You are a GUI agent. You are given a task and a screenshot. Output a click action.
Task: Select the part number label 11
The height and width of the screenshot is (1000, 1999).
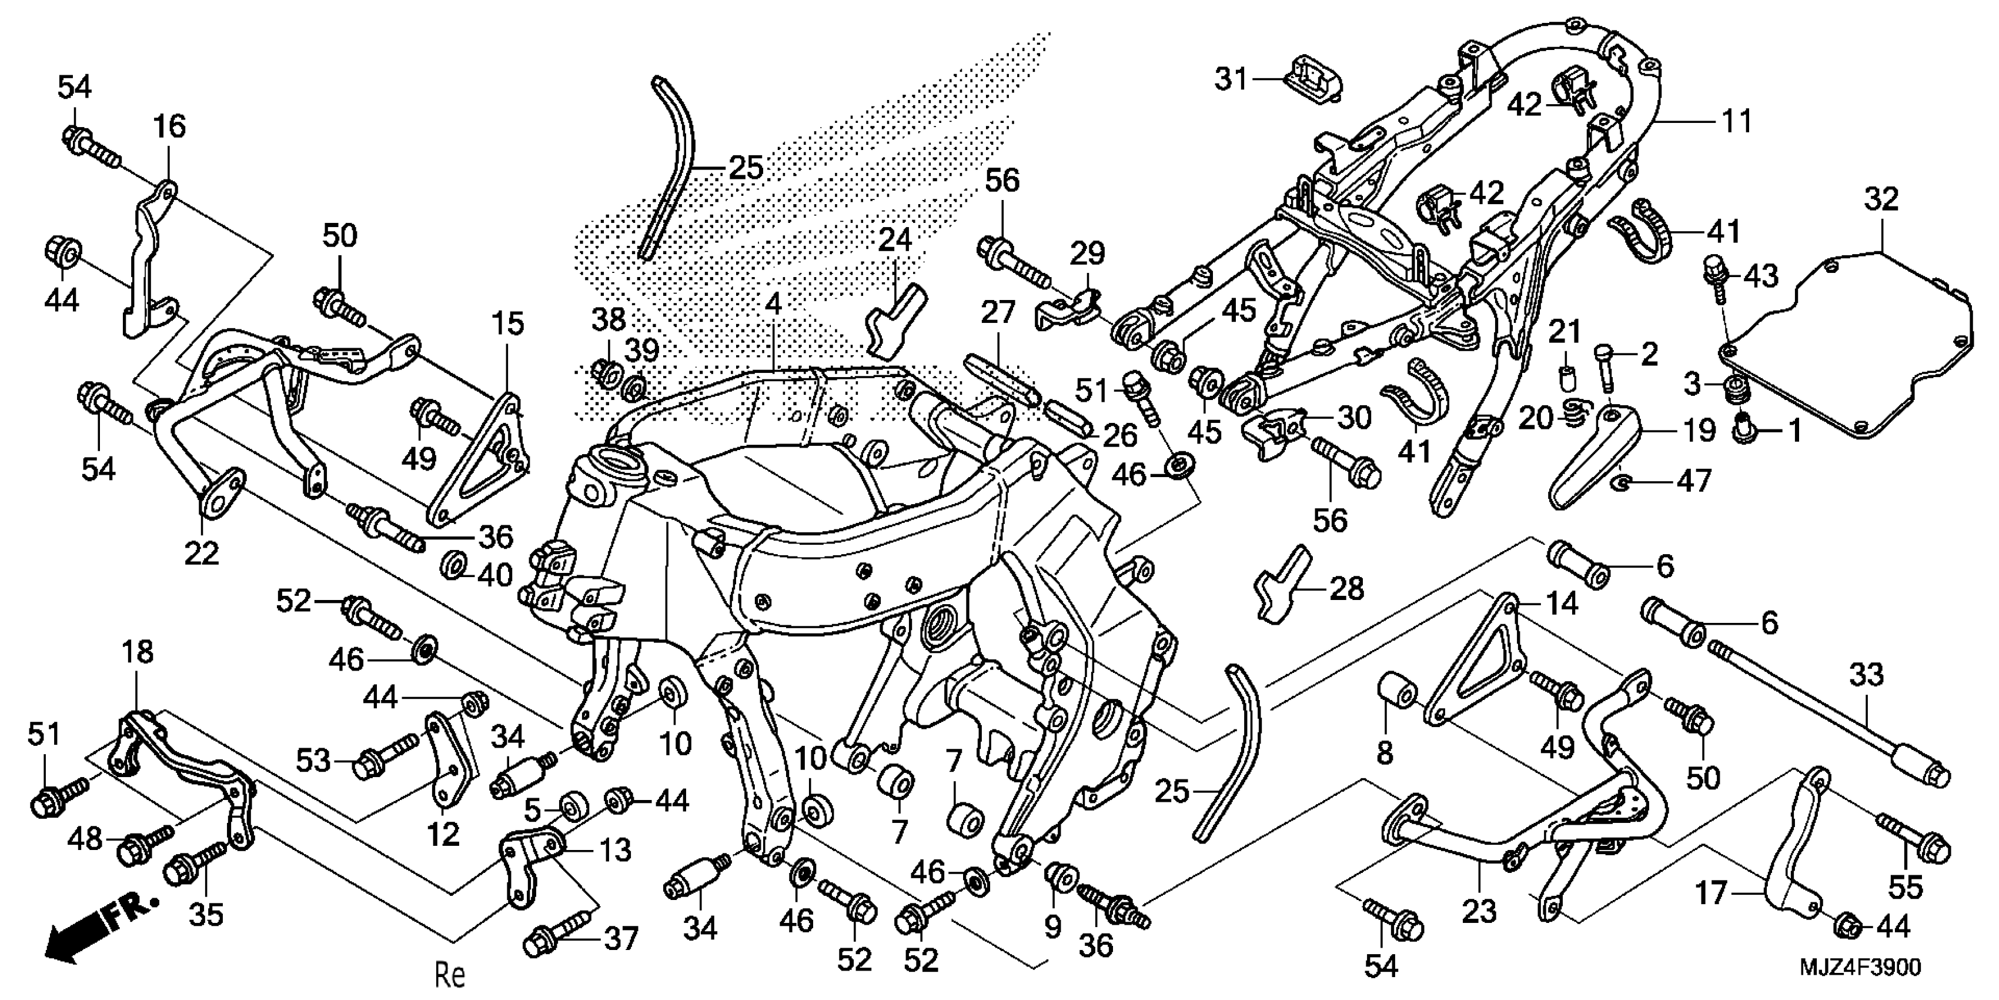tap(1737, 122)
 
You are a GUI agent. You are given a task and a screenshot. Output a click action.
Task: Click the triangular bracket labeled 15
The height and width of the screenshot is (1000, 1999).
tap(481, 458)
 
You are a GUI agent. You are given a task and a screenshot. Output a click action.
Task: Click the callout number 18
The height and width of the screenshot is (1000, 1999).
tap(138, 653)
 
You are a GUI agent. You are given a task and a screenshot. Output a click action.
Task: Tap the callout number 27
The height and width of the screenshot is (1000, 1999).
tap(997, 313)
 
